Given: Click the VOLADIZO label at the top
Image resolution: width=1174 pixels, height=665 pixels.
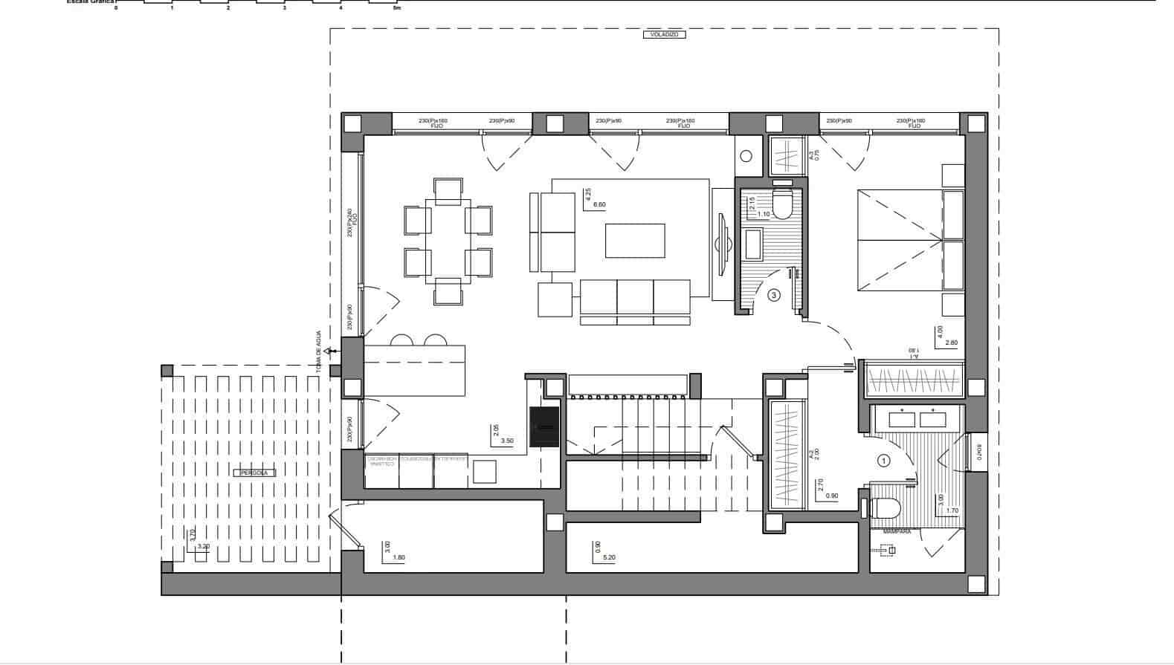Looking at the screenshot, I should pyautogui.click(x=664, y=35).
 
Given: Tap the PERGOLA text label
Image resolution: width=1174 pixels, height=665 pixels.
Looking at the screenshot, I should pyautogui.click(x=254, y=473).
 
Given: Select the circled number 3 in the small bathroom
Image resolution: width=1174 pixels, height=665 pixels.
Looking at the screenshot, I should pyautogui.click(x=774, y=296).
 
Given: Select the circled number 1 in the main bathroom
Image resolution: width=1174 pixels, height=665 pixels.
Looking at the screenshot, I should pyautogui.click(x=884, y=461).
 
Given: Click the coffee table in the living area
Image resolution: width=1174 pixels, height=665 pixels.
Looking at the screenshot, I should pyautogui.click(x=634, y=241).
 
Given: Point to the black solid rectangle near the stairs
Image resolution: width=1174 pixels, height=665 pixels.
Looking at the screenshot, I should pyautogui.click(x=544, y=427).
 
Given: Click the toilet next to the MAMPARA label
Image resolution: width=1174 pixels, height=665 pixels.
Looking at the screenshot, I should pyautogui.click(x=885, y=509).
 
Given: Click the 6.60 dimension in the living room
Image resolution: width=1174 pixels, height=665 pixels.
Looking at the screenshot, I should pyautogui.click(x=599, y=205).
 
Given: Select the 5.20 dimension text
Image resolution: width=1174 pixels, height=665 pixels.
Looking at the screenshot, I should pyautogui.click(x=609, y=557).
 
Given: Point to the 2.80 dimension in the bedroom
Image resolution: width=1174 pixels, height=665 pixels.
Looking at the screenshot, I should pyautogui.click(x=951, y=343).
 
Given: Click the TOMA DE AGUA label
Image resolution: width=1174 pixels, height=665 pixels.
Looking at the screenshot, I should pyautogui.click(x=318, y=351).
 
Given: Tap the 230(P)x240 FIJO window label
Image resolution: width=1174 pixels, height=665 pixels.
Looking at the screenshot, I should pyautogui.click(x=352, y=222).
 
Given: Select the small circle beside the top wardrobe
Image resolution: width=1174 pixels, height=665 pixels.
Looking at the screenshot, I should pyautogui.click(x=746, y=156).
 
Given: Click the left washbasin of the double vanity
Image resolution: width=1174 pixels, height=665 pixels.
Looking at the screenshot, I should pyautogui.click(x=902, y=420).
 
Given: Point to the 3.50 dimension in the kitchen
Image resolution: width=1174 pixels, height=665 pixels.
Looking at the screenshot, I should pyautogui.click(x=507, y=441).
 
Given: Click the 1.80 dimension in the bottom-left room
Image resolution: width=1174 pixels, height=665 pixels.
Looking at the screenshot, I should pyautogui.click(x=398, y=557).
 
